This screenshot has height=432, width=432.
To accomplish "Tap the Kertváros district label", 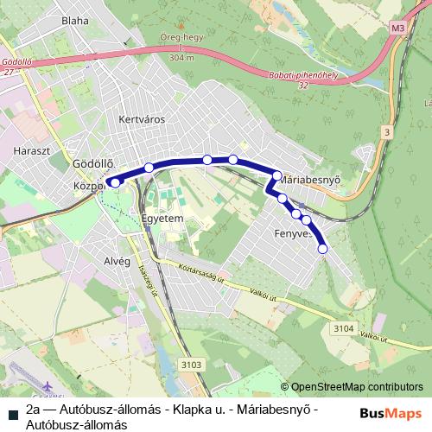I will coord(141,119).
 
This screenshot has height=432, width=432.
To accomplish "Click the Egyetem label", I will coord(162,219).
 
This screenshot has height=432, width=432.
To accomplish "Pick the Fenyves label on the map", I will coord(292,234).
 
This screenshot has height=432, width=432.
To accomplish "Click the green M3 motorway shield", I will coord(397,29).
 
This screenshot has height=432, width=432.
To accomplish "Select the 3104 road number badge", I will coord(343,327).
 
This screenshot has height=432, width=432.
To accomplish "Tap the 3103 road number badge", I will coord(193,365).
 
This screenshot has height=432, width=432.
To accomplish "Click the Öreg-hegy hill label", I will coord(181,38).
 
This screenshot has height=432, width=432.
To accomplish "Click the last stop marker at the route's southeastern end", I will coord(323,249).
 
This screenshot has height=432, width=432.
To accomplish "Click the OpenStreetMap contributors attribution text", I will coord(357,387).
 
